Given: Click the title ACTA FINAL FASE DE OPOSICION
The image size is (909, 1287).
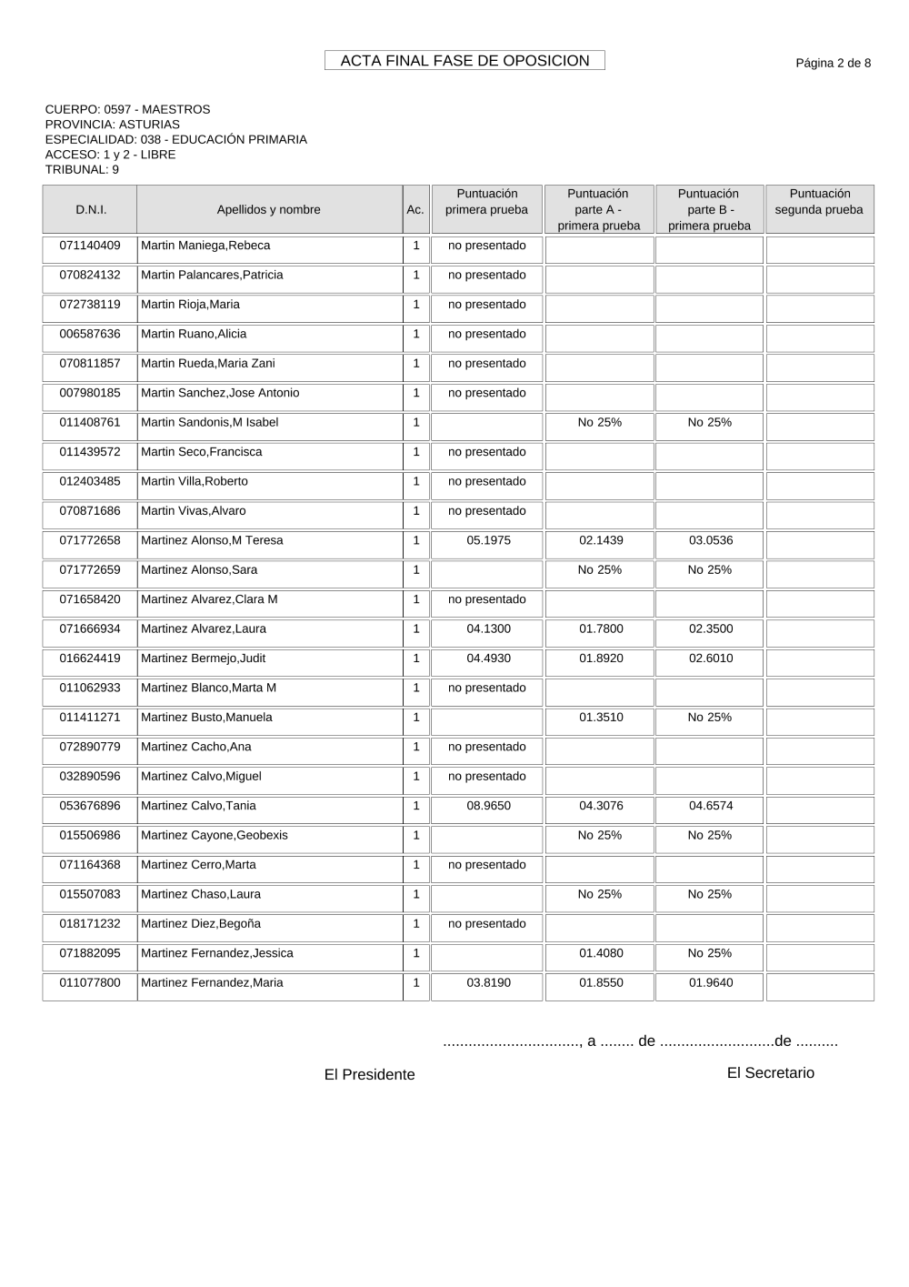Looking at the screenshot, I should click(x=464, y=61).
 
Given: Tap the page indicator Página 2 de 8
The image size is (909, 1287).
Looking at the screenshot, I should click(x=833, y=63).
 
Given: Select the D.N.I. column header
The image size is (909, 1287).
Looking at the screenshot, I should click(x=90, y=210).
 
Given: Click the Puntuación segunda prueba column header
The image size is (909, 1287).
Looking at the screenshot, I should click(x=819, y=202).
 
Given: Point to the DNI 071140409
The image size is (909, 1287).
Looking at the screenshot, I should click(x=90, y=246).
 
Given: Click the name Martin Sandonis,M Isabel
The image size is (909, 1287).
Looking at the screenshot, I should click(x=210, y=423).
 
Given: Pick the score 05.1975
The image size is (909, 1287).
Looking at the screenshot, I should click(x=488, y=540).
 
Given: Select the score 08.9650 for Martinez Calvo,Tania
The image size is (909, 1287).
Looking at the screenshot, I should click(x=488, y=806).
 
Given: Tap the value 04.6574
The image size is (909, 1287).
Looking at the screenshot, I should click(x=710, y=806).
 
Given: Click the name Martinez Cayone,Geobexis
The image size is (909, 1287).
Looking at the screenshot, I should click(x=215, y=836).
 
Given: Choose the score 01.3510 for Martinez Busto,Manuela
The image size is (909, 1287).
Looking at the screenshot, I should click(x=601, y=718).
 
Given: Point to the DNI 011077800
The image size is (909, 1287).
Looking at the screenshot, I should click(x=90, y=983).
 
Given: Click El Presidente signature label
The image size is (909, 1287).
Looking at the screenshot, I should click(x=369, y=1075).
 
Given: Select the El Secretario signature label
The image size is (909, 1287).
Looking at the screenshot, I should click(x=771, y=1073).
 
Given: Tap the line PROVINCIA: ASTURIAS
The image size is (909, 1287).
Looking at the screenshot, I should click(x=113, y=125).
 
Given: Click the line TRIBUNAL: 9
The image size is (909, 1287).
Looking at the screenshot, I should click(x=82, y=169).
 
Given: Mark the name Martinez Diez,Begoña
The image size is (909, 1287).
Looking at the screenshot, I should click(x=201, y=924).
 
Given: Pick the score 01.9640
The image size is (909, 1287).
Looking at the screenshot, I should click(x=710, y=983).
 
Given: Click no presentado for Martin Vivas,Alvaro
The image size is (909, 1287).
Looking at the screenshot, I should click(x=487, y=511).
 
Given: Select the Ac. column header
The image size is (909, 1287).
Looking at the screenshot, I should click(x=415, y=210).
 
